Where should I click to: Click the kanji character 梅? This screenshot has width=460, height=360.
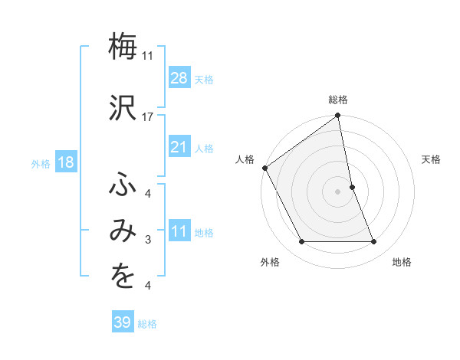122,46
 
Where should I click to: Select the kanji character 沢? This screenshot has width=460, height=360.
122,106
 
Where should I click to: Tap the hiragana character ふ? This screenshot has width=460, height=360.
122,184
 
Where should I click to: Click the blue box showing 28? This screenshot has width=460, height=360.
179,78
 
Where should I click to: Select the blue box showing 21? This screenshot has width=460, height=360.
179,147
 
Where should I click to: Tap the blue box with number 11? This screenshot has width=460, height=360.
179,231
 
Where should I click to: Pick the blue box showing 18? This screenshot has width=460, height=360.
66,162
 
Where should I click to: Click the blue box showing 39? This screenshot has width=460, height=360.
122,322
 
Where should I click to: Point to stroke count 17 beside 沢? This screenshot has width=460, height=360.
148,117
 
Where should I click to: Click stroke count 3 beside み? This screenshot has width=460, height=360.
148,240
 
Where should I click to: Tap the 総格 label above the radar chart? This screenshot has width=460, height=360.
338,100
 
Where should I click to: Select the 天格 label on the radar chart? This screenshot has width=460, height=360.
432,159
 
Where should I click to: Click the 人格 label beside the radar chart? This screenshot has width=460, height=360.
245,159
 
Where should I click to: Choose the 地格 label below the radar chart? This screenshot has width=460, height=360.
402,262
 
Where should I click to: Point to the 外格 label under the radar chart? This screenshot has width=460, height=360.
270,262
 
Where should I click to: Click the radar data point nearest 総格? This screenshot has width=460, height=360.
338,116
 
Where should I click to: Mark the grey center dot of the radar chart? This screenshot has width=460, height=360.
337,191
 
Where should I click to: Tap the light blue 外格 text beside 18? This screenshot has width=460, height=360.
41,163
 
